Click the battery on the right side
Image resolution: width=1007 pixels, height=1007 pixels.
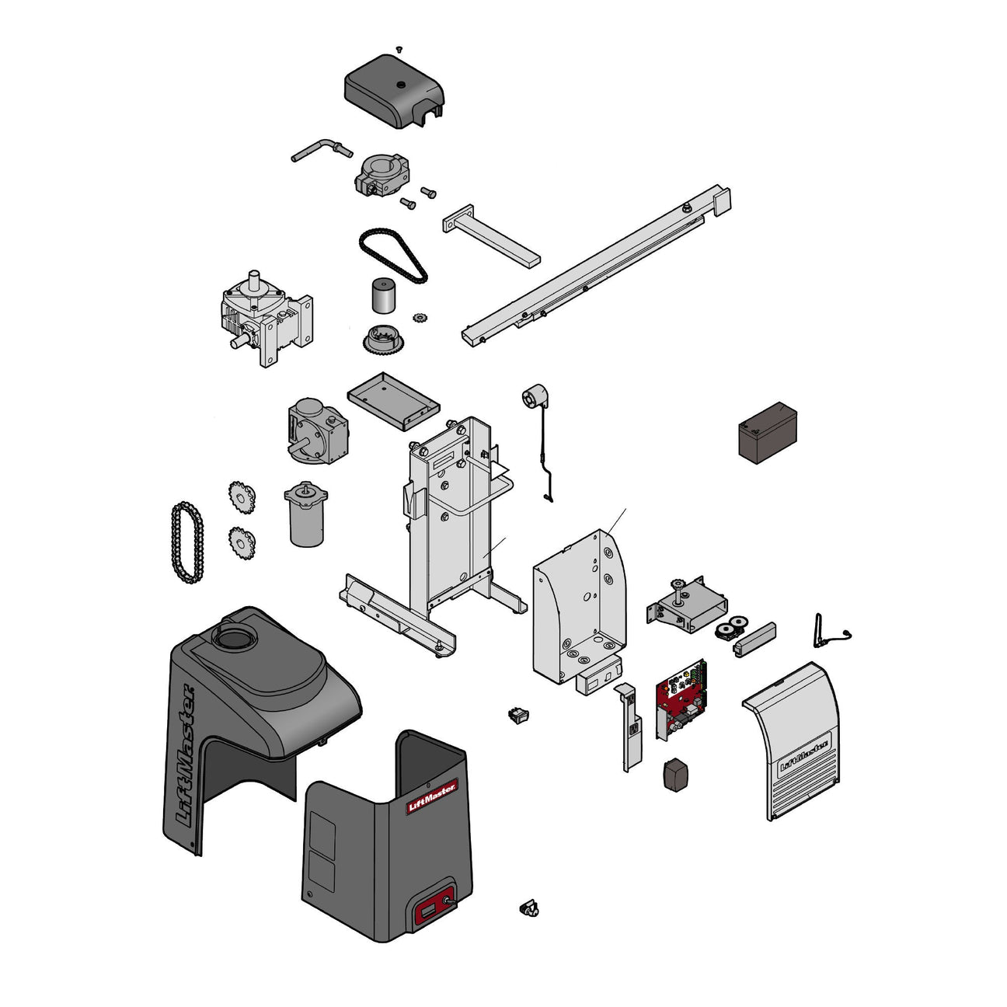coord(767,434)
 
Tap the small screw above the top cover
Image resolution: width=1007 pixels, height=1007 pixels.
coord(399,49)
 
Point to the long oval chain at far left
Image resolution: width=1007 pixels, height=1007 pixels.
coord(185,542)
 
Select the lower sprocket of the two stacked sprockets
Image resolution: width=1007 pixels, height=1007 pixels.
coord(243,542)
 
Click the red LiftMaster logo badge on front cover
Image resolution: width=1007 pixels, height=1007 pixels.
coord(432,796)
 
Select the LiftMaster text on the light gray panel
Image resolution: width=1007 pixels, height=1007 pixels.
coord(804,754)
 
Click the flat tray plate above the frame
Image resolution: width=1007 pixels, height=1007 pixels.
coord(392,398)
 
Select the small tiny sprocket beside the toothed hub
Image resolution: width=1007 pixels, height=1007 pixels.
coord(422,317)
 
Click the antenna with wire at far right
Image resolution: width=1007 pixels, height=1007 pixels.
coord(822,630)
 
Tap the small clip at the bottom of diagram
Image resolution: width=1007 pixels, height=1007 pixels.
coord(528,908)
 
